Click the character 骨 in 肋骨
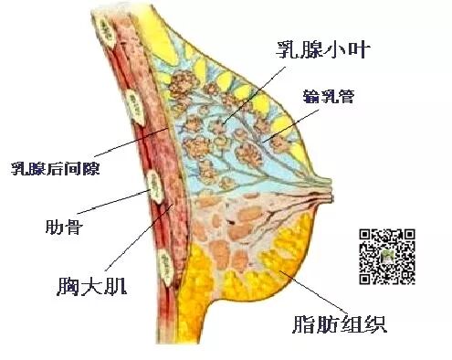point(73,225)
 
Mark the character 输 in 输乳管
point(307,94)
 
